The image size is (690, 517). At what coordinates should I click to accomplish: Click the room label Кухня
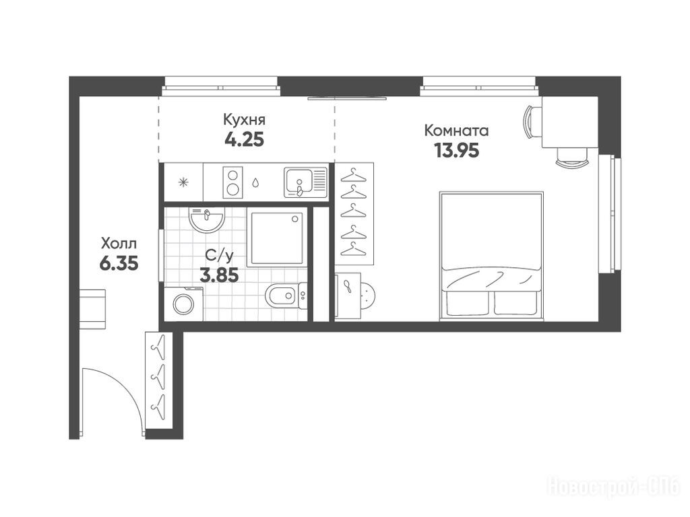tap(244, 120)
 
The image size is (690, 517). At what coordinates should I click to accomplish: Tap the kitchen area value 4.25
tap(244, 140)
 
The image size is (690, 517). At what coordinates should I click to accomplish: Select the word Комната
tap(456, 131)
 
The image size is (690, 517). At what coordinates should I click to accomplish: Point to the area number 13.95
tap(456, 150)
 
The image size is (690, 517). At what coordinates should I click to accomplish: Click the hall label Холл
tap(119, 243)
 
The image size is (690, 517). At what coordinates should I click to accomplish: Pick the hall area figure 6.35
tap(119, 263)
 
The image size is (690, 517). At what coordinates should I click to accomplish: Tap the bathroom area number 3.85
tap(219, 275)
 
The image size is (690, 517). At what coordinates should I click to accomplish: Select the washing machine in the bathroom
tap(183, 304)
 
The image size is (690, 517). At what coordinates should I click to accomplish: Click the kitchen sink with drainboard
tap(306, 182)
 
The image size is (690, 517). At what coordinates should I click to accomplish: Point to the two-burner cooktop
tap(232, 182)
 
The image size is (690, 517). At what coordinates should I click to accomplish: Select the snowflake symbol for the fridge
tap(183, 182)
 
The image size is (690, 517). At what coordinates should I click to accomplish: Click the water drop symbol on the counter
tap(255, 182)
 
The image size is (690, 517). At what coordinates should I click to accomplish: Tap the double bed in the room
tap(491, 254)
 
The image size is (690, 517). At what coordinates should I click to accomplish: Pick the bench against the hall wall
tap(92, 309)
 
